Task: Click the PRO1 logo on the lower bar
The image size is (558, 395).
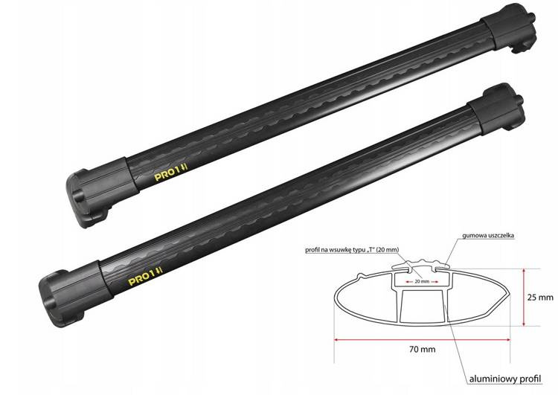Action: (x=145, y=275)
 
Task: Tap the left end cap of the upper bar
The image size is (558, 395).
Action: (x=102, y=192)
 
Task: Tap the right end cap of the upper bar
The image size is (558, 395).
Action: (x=508, y=28)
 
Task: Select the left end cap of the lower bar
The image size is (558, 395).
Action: (x=75, y=293)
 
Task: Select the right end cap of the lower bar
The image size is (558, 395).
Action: (x=496, y=108)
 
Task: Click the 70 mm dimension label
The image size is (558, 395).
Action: (x=422, y=349)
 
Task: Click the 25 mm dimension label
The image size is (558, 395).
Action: (x=540, y=297)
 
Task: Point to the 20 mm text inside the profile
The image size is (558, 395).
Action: (x=422, y=281)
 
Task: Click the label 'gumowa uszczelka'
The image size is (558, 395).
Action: (x=488, y=235)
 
